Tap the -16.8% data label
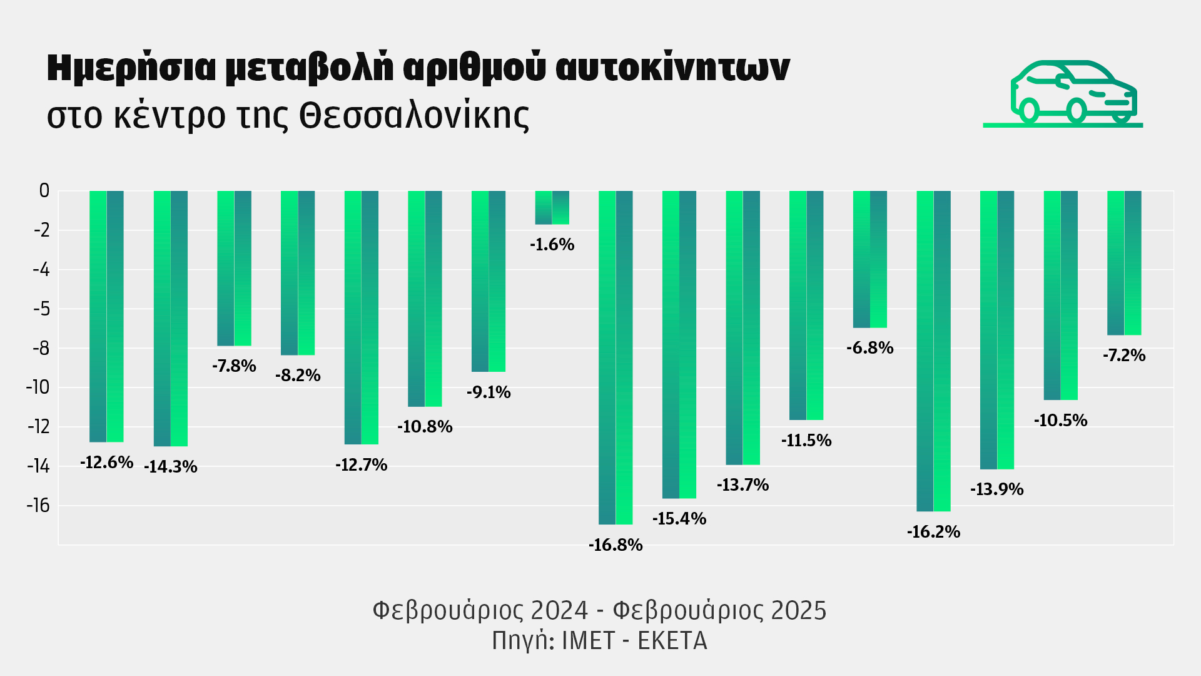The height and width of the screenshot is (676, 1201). click(x=616, y=545)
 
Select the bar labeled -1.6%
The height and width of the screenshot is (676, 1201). click(x=552, y=207)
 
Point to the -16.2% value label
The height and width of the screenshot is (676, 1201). click(x=933, y=532)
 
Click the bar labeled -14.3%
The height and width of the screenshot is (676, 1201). click(x=171, y=318)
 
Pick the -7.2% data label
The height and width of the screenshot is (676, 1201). click(x=1124, y=356)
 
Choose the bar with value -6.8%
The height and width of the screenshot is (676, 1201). click(x=870, y=259)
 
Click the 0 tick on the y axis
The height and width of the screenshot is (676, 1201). click(x=44, y=191)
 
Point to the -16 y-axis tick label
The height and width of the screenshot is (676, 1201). click(x=38, y=505)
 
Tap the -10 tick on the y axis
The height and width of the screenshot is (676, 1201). click(x=38, y=387)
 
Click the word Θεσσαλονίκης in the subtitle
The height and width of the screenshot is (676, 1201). click(x=414, y=116)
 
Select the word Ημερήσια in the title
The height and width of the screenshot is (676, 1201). click(x=131, y=68)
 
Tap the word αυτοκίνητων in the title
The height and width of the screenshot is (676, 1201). click(x=672, y=68)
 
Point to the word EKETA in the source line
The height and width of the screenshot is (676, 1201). click(x=672, y=641)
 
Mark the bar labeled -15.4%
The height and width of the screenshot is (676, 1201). click(x=679, y=344)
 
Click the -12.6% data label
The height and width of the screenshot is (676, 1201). click(x=107, y=463)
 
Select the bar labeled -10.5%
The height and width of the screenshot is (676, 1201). click(x=1061, y=295)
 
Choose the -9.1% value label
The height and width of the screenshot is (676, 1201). click(x=489, y=392)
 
